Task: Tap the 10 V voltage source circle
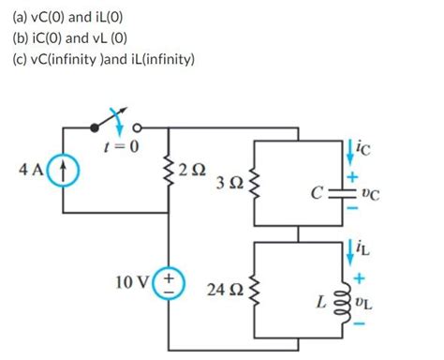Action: click(169, 284)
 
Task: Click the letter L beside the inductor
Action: click(321, 302)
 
